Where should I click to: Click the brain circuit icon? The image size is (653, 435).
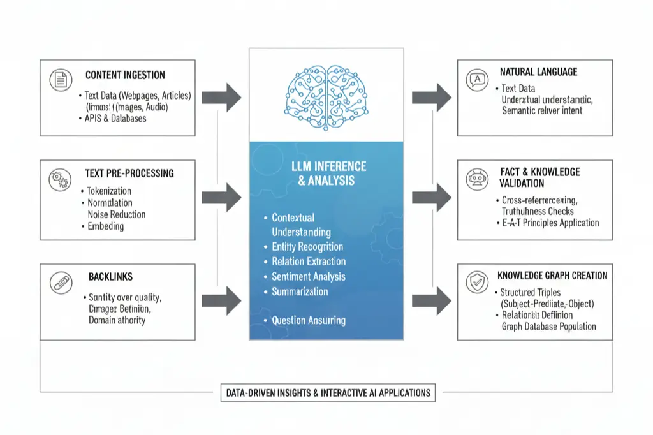coord(326,94)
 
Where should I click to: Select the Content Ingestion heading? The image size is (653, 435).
coord(125,75)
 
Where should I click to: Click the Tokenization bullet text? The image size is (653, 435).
coord(108,191)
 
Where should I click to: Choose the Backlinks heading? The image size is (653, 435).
coord(110,277)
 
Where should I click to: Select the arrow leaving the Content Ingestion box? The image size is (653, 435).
coord(223,98)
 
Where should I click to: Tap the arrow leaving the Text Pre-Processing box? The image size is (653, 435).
coord(223,198)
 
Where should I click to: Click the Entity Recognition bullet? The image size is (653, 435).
coord(307,247)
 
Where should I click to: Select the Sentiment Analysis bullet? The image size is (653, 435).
coord(308,276)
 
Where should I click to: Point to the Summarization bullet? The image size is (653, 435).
coord(300,291)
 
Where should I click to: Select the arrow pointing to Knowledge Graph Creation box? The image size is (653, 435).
coord(432,300)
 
